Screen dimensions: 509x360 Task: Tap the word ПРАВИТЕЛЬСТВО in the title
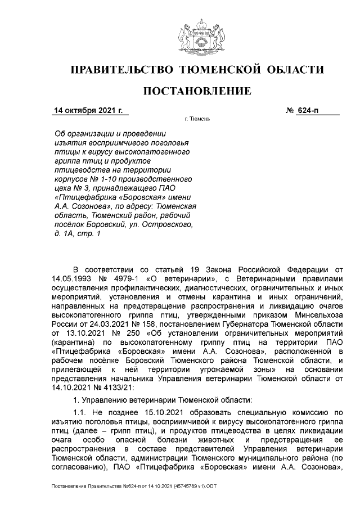tap(121, 70)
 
